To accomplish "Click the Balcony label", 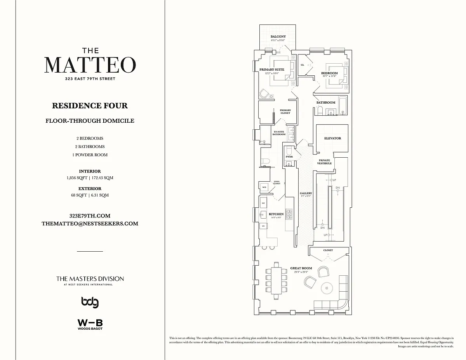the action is point(278,37).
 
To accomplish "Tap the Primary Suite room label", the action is point(272,70).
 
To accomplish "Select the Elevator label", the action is point(332,138).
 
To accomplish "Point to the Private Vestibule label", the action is point(325,162).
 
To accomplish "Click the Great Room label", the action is point(301,268).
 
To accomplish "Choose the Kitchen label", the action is point(276,214).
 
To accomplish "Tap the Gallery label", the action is point(306,193).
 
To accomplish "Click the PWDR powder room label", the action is point(289,157).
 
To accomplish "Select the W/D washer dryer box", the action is point(264,187).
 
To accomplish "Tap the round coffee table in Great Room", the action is point(329,288).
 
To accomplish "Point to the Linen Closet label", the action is point(276,183).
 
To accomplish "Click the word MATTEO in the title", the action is point(90,65).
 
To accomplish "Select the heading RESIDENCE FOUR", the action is point(90,106).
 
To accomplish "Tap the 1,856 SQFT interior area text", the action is point(77,178).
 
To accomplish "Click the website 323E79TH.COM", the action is point(90,216).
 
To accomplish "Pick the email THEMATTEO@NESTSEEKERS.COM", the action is point(90,224).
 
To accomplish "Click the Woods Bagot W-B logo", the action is point(90,324).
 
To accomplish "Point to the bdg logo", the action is point(90,302).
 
